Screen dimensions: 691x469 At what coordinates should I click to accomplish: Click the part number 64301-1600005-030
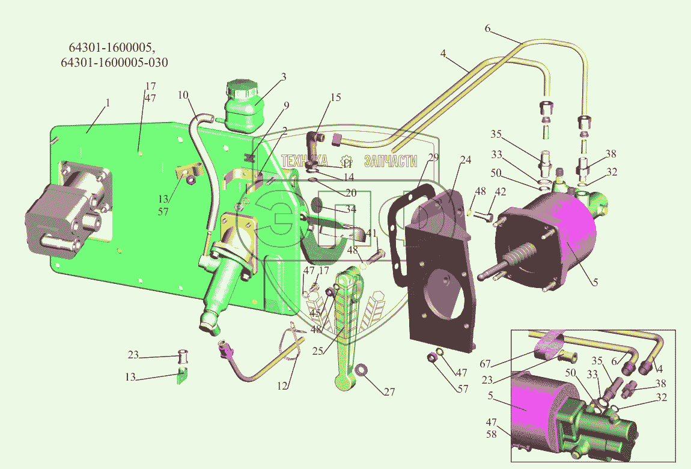[x=114, y=63]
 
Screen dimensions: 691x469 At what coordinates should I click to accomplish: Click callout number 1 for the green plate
[x=108, y=103]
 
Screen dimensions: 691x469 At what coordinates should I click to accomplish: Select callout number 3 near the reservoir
[x=283, y=76]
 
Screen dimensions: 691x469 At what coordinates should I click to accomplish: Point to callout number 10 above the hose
[x=183, y=95]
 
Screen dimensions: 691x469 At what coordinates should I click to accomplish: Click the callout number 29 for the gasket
[x=434, y=157]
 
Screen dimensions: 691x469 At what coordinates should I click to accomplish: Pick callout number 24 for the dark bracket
[x=465, y=160]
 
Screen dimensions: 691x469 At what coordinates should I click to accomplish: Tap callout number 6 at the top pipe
[x=487, y=28]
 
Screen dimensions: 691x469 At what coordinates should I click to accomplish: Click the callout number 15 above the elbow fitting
[x=335, y=97]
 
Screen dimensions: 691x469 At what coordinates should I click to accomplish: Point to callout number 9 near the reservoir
[x=287, y=106]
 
